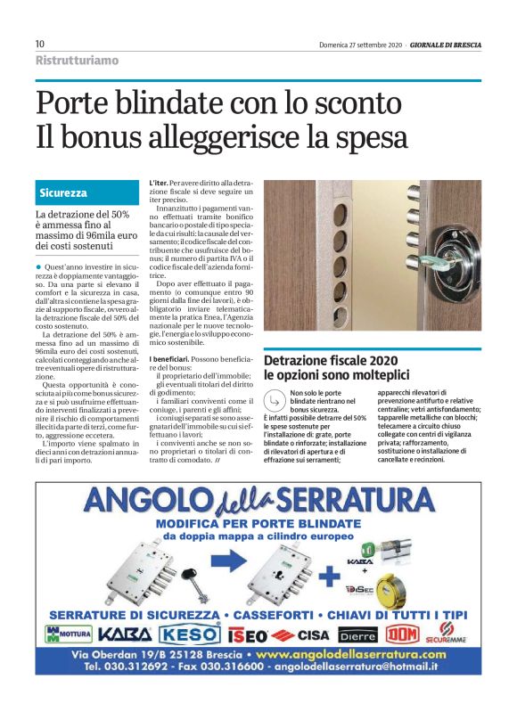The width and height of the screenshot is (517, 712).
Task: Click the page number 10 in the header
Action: tap(40, 45)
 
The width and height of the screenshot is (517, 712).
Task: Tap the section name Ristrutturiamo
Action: tap(77, 61)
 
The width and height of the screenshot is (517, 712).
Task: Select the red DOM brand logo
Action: tap(400, 634)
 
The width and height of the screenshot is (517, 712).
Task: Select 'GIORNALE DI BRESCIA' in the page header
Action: tap(447, 45)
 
